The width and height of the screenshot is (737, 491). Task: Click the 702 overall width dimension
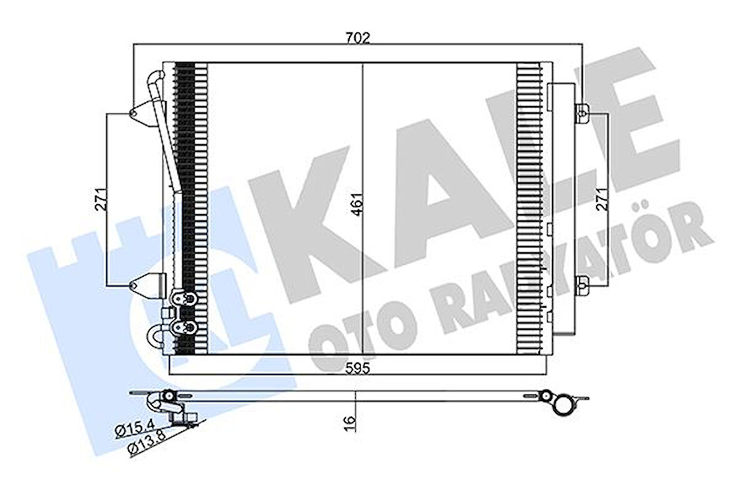[359, 37]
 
